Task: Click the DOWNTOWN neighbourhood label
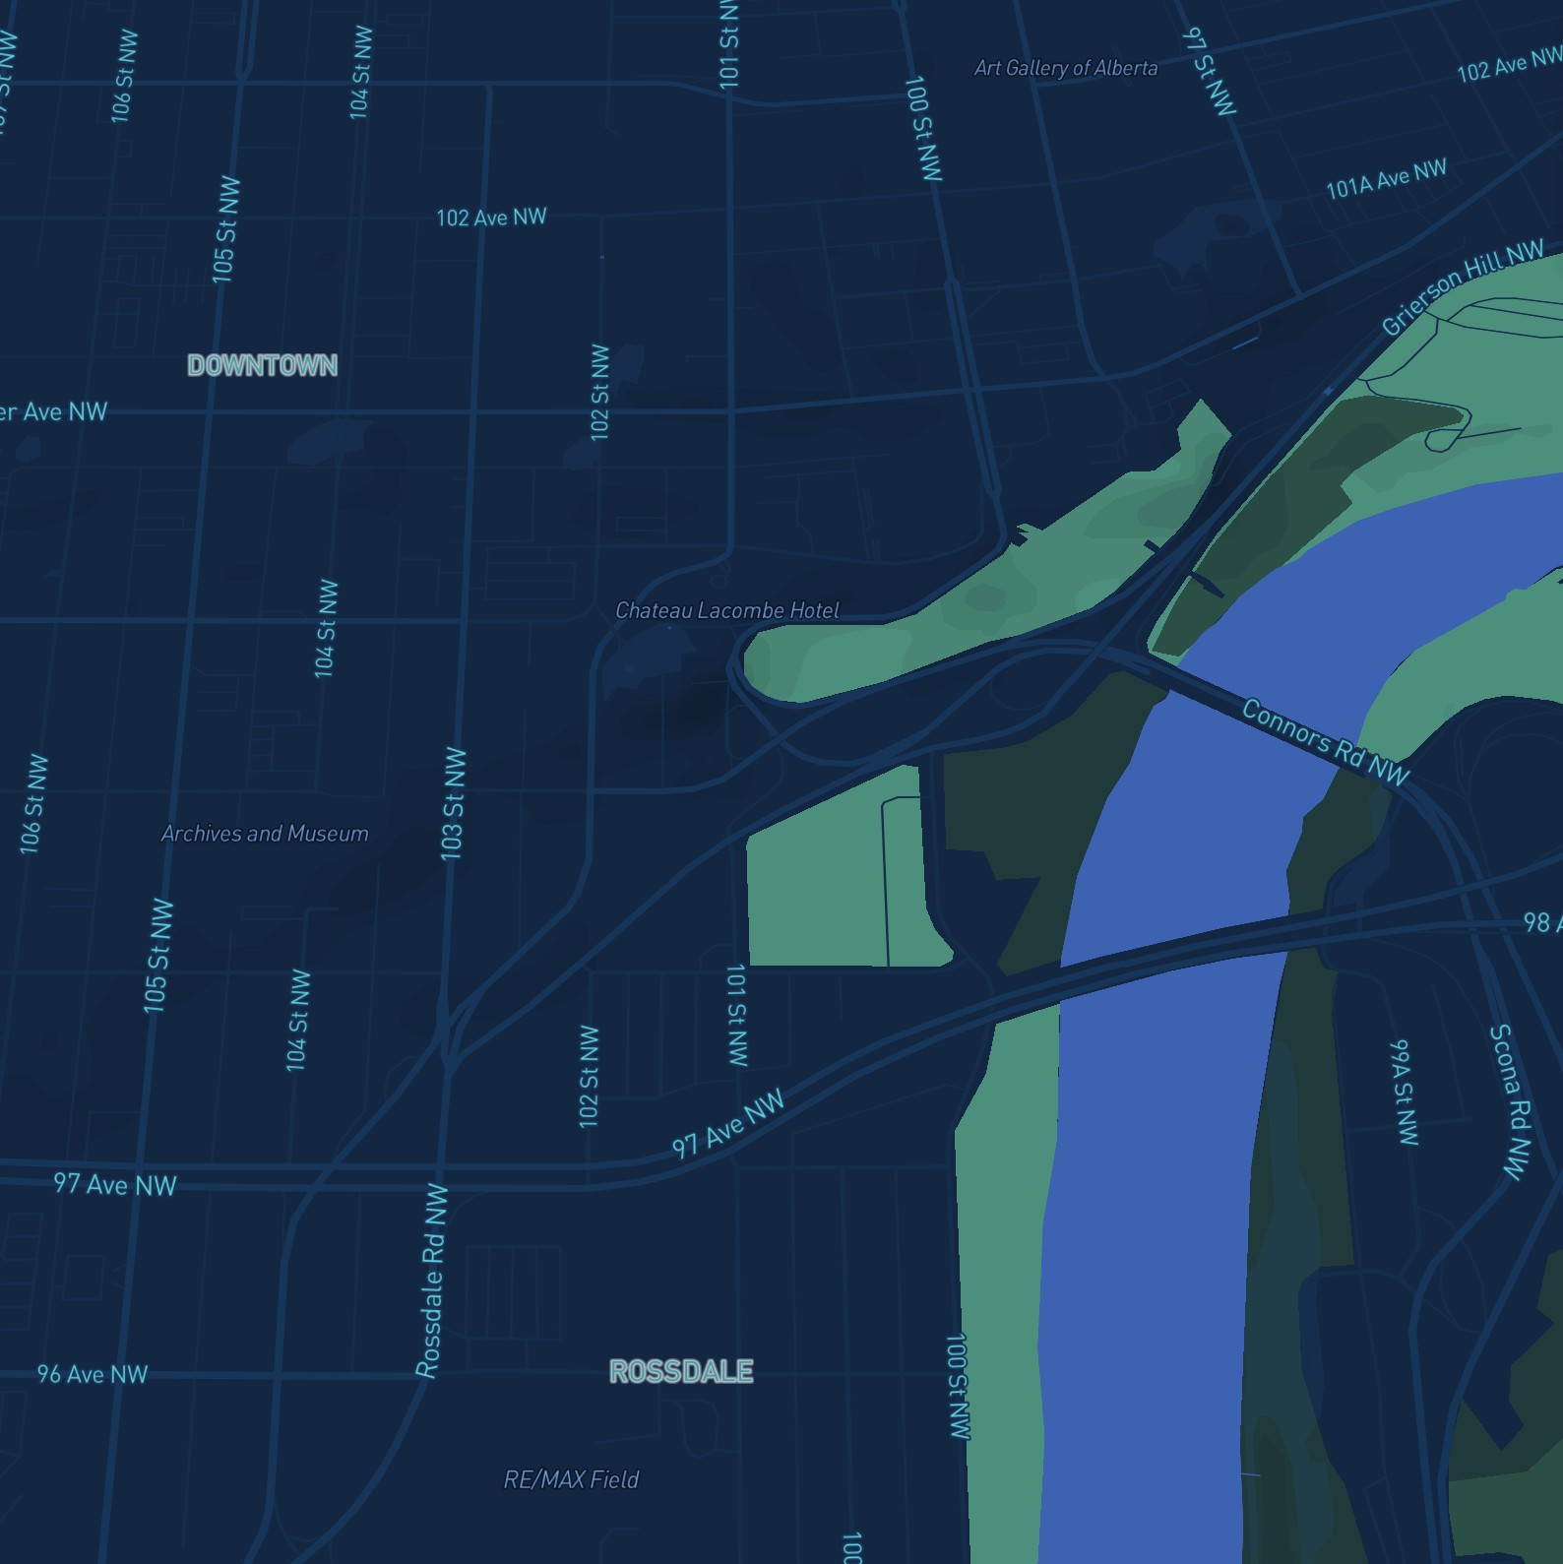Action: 262,365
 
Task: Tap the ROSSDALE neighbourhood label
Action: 681,1371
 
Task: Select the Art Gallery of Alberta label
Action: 1065,68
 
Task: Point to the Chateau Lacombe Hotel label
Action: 727,610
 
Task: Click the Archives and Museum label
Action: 265,834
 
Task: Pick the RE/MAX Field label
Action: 571,1479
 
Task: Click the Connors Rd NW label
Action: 1325,741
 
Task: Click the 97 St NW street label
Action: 1210,71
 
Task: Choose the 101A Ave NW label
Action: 1386,179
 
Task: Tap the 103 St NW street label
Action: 453,804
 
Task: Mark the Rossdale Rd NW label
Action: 432,1280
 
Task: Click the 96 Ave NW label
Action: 93,1373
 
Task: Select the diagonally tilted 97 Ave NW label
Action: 728,1122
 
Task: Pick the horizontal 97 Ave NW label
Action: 115,1183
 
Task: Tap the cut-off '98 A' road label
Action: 1541,922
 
